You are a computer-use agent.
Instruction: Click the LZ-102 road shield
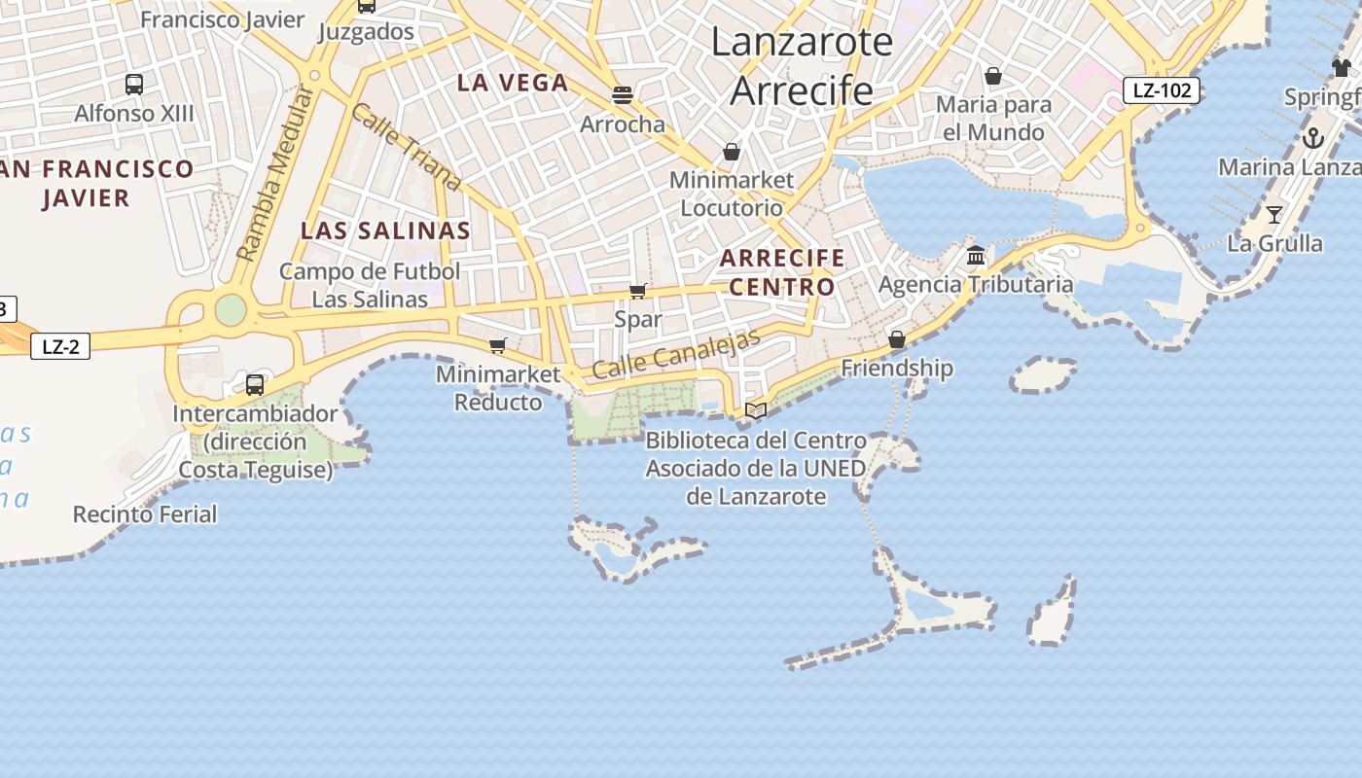click(1162, 90)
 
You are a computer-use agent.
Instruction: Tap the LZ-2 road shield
click(60, 346)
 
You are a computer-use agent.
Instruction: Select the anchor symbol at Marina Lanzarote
click(1313, 138)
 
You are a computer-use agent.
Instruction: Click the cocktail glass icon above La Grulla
click(1274, 214)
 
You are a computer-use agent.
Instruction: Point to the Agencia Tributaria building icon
click(976, 256)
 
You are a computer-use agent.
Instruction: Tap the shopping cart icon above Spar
click(638, 291)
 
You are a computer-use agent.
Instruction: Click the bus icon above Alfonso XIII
click(134, 85)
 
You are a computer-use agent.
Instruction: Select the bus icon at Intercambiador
click(255, 384)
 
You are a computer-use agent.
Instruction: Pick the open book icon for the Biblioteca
click(756, 410)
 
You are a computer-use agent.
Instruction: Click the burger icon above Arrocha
click(623, 95)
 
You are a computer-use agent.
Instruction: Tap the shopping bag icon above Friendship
click(897, 339)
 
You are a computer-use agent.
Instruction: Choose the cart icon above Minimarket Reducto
click(498, 345)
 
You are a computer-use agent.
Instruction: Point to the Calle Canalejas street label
click(675, 355)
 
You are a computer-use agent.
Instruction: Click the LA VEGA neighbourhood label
click(513, 83)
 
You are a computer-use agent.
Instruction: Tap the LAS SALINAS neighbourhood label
click(385, 230)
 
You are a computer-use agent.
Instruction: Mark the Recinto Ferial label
click(145, 513)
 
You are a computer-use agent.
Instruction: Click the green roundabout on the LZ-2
click(231, 309)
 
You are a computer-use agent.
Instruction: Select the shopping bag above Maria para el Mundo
click(993, 76)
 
